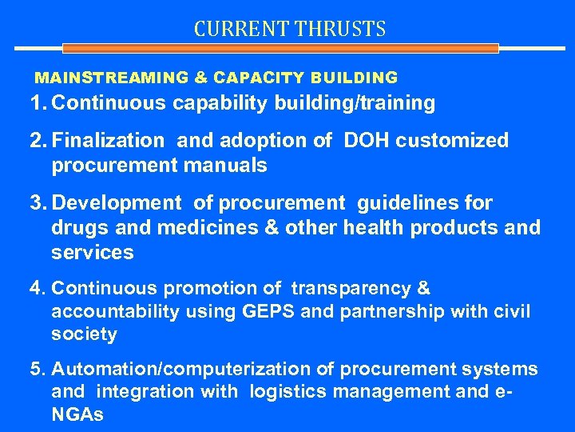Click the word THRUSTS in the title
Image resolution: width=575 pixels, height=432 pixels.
(x=341, y=30)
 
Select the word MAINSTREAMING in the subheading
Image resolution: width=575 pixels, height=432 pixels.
(x=112, y=78)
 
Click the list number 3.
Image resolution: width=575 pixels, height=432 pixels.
(x=37, y=204)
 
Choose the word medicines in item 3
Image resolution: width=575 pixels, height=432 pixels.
(x=202, y=228)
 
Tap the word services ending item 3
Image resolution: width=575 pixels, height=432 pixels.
(x=92, y=253)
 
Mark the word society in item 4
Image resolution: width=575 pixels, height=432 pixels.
(x=84, y=334)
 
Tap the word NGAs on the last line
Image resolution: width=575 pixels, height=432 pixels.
(x=77, y=415)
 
